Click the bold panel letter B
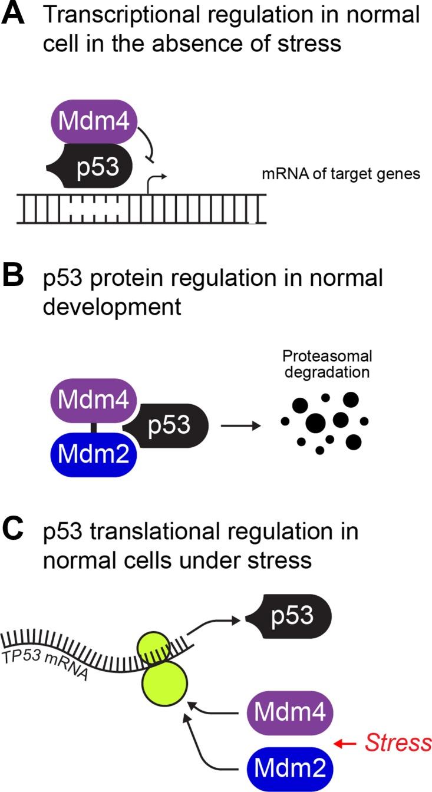14,278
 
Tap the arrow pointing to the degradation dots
240,425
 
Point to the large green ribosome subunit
164,682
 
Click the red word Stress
398,743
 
